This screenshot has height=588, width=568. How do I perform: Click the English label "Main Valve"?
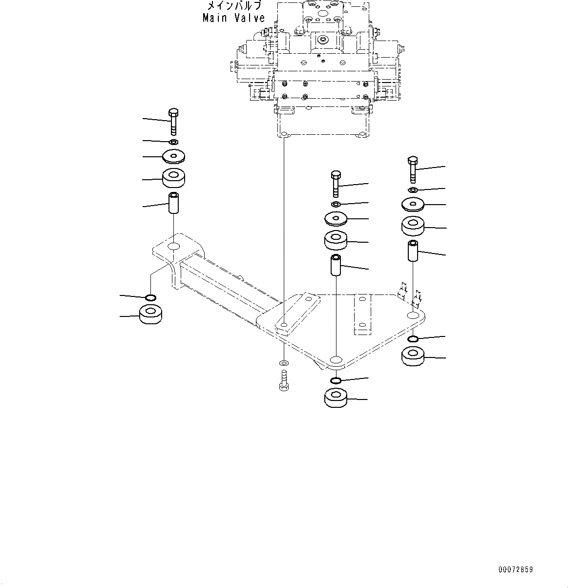tap(234, 18)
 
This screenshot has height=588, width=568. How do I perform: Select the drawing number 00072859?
tap(515, 570)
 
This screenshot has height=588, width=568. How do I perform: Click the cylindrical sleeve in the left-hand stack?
tap(174, 203)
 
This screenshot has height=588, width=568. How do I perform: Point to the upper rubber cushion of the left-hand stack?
tap(174, 179)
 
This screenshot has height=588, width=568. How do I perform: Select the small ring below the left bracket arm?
tap(151, 297)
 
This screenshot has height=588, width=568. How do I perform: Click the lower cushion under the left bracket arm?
tap(151, 314)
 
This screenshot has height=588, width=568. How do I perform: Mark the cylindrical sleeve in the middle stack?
tap(336, 264)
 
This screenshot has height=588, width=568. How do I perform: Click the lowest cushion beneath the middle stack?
tap(336, 398)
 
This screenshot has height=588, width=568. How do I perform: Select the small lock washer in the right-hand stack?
tap(412, 189)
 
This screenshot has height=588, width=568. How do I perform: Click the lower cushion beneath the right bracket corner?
tap(413, 356)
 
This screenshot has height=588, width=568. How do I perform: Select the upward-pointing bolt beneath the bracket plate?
tap(284, 380)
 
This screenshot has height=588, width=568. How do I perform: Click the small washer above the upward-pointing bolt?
tap(284, 363)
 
